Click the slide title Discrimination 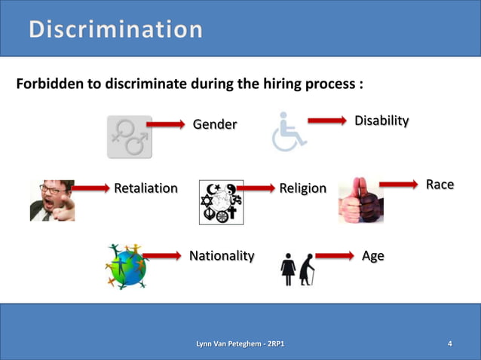pos(116,30)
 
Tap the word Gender pos(215,124)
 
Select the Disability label pos(382,121)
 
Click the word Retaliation pos(146,188)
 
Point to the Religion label pos(303,188)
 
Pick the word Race pos(440,185)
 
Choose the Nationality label pos(222,256)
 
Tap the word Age pos(372,256)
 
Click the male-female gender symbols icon pos(130,137)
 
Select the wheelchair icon pos(287,133)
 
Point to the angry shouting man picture pos(52,200)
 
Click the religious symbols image pos(221,202)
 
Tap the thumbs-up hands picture pos(360,200)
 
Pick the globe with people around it pos(126,267)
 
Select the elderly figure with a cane pos(306,269)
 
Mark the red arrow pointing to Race pos(397,184)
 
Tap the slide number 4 pos(450,345)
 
